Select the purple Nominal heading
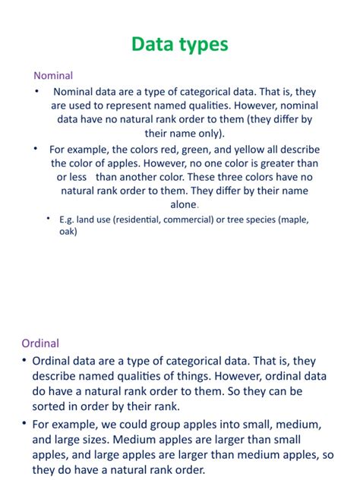[53, 75]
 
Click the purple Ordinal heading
[40, 343]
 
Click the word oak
[68, 232]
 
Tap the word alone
[182, 204]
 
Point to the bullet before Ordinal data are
[25, 360]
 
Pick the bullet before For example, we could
[25, 423]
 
